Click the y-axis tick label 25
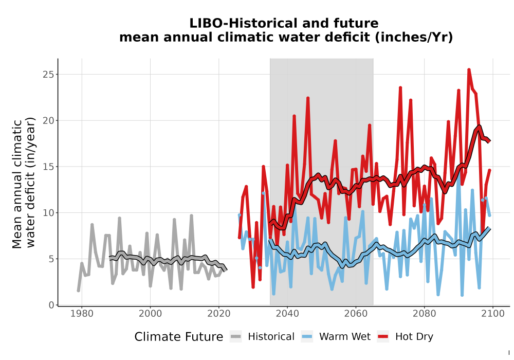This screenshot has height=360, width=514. pos(48,75)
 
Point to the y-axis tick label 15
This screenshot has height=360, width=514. pos(48,167)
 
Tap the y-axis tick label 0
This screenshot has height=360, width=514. pos(51,305)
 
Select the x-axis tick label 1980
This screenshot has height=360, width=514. pos(82,314)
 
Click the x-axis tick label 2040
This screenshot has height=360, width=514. pos(287,314)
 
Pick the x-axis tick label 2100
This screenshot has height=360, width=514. pos(493,314)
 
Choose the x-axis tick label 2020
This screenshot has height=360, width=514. pos(219,314)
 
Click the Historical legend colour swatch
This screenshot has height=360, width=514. pos(236,337)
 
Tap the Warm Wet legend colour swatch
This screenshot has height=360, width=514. pos(307,337)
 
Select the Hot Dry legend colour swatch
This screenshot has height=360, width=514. pos(383,337)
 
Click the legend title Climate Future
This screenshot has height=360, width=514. pos(179,337)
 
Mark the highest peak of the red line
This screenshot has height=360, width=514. pos(469,69)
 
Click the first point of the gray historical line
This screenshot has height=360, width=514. pos(78,291)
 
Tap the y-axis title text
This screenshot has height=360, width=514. pos(23,183)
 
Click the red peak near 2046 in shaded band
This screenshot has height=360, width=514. pos(308,98)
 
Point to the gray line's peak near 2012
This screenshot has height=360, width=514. pos(191,215)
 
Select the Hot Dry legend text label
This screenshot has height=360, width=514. pos(414,337)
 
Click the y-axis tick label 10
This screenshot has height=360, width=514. pos(48,213)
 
